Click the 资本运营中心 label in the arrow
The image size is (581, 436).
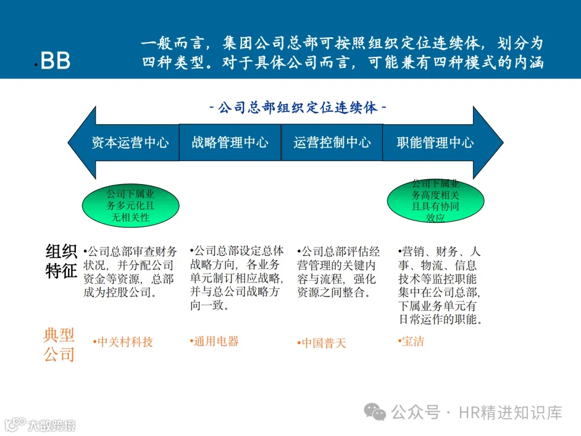pyautogui.click(x=130, y=143)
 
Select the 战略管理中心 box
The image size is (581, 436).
pyautogui.click(x=230, y=143)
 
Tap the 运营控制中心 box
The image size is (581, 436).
pyautogui.click(x=332, y=143)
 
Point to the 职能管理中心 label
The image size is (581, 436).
pyautogui.click(x=435, y=143)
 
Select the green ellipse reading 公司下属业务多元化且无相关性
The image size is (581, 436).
pyautogui.click(x=130, y=206)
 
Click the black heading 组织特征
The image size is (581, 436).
pyautogui.click(x=61, y=262)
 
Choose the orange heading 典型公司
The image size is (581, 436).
pyautogui.click(x=59, y=345)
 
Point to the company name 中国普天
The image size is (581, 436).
pyautogui.click(x=323, y=343)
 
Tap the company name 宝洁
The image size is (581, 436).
pyautogui.click(x=413, y=341)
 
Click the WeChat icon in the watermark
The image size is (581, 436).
pyautogui.click(x=375, y=412)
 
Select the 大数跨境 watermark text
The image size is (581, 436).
pyautogui.click(x=51, y=425)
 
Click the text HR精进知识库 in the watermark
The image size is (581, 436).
pyautogui.click(x=510, y=413)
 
